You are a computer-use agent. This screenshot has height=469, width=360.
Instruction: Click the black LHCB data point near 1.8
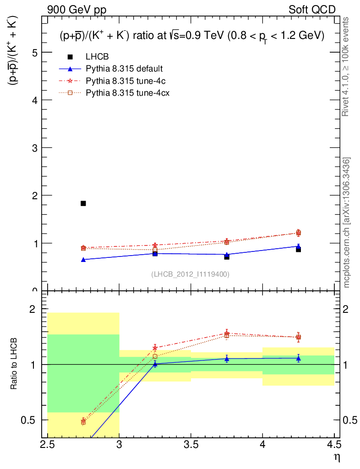click(x=83, y=203)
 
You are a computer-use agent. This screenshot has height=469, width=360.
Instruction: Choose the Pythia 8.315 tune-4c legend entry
click(x=124, y=81)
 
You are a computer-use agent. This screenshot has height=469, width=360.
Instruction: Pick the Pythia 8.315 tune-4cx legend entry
click(x=126, y=93)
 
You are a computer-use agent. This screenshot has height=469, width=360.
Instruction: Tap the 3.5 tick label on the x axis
click(x=191, y=445)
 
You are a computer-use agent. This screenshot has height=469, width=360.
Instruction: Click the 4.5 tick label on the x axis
click(x=334, y=445)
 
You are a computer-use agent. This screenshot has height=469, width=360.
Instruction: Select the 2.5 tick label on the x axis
click(x=48, y=445)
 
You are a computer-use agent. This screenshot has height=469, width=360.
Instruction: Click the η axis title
click(x=337, y=457)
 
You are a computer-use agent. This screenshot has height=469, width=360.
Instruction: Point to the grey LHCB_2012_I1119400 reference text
click(x=190, y=274)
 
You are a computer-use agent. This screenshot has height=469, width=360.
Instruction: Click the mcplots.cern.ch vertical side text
click(x=347, y=223)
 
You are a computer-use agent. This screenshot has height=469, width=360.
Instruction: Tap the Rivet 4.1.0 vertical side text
click(x=347, y=67)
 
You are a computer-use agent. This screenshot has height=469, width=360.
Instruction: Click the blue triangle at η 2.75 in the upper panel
click(x=83, y=260)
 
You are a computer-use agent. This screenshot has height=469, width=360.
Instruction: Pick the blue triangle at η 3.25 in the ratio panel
click(x=155, y=364)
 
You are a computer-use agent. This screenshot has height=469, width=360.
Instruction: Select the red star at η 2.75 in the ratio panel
click(x=83, y=420)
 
